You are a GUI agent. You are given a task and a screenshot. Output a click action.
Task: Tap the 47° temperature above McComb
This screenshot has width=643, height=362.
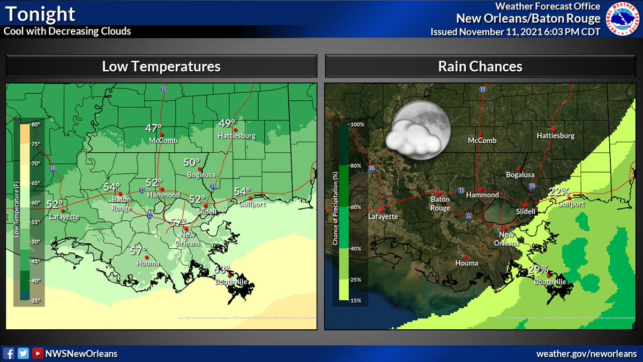click(154, 128)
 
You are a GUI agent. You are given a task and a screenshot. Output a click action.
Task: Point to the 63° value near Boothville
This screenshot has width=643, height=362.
click(222, 269)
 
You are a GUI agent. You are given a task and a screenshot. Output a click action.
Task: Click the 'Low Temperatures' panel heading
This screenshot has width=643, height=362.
click(161, 67)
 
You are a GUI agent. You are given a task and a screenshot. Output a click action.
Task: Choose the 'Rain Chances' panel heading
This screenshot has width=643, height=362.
click(480, 67)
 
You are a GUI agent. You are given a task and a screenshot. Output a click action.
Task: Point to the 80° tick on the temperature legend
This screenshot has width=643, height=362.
click(35, 125)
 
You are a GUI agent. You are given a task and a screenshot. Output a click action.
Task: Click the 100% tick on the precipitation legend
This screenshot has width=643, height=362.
click(357, 124)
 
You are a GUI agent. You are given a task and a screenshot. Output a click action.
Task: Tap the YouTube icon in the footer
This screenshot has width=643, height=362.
click(37, 353)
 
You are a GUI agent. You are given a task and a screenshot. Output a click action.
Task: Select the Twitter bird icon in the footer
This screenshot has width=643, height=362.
click(23, 353)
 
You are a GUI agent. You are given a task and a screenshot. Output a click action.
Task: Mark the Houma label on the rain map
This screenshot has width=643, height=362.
click(466, 263)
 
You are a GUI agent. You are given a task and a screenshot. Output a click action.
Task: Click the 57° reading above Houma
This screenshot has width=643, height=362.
click(138, 250)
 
